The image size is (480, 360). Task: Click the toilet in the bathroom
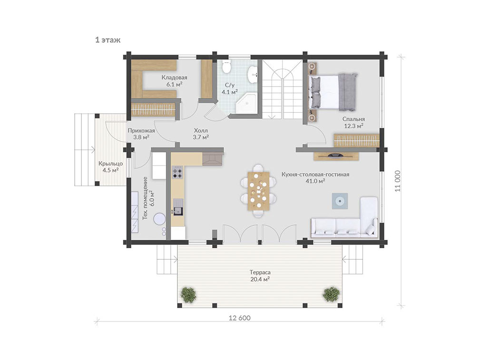(226, 67)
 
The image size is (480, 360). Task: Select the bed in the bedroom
(333, 92)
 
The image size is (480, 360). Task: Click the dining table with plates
(259, 191)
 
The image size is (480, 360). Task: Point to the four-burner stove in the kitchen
(177, 172)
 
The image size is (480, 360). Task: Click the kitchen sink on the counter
(178, 207)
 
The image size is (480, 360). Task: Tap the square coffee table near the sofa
(340, 201)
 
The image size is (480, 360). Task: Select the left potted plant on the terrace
(188, 295)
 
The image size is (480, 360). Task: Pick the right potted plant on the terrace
(331, 294)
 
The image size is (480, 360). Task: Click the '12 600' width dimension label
(240, 318)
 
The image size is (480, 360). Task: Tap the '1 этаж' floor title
(108, 40)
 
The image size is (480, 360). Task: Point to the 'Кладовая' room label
(175, 78)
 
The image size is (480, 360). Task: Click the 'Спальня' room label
(353, 119)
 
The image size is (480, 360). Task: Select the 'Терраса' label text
(260, 272)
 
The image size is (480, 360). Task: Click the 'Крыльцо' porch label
(110, 164)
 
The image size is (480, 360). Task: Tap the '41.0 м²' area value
(315, 181)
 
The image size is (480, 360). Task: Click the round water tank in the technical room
(159, 219)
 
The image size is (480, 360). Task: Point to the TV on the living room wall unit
(336, 156)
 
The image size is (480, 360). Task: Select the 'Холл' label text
(201, 131)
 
